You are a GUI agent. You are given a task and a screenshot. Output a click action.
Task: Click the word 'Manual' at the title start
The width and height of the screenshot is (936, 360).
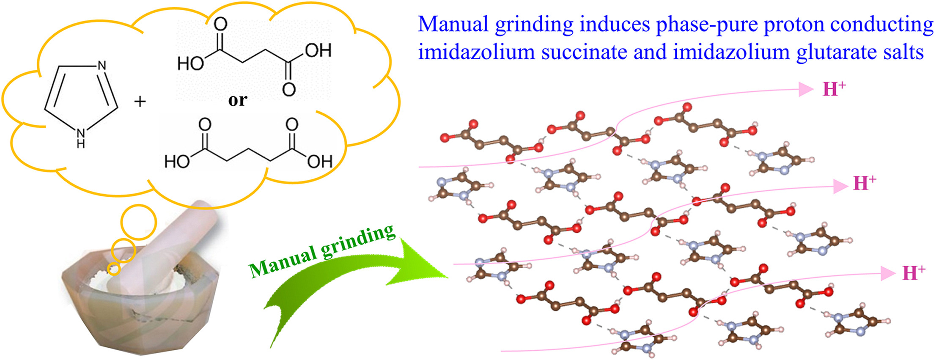click(x=453, y=24)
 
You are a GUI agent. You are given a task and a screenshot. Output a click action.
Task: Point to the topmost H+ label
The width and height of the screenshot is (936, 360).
click(x=834, y=89)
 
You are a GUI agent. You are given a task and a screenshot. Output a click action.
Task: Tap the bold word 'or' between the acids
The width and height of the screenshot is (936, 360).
click(x=237, y=100)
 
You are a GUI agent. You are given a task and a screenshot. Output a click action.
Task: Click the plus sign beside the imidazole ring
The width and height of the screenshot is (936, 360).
click(x=140, y=102)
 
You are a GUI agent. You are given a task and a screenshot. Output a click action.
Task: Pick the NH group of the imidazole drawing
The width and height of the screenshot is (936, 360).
click(x=81, y=137)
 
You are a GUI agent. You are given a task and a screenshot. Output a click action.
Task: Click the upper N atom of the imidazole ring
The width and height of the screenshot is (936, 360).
click(x=102, y=66)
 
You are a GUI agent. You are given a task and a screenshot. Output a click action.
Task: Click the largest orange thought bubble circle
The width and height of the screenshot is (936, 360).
click(x=138, y=222)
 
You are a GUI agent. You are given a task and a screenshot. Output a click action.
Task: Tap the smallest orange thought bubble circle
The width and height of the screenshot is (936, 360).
click(x=113, y=268)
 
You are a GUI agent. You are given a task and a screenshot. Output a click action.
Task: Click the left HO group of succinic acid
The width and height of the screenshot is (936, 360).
click(x=190, y=63)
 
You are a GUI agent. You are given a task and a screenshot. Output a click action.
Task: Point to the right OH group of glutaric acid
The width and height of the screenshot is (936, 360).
click(x=319, y=161)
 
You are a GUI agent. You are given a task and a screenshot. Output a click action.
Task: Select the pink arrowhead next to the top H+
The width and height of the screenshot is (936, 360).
click(x=805, y=89)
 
